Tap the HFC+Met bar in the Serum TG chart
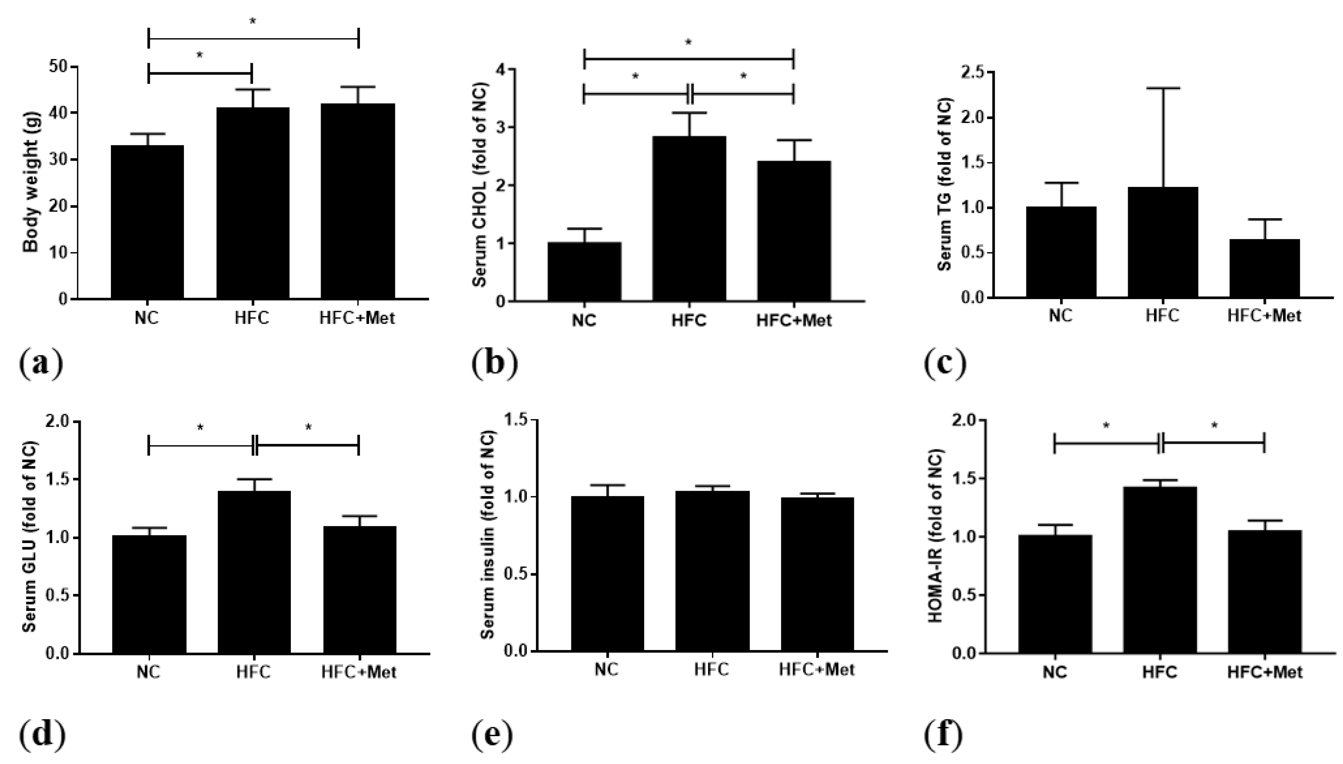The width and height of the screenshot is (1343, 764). click(1264, 269)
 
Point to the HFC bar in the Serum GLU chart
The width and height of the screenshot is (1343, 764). click(254, 572)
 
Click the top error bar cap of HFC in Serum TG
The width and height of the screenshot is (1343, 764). click(1163, 88)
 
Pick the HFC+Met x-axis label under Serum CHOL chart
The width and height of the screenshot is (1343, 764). click(794, 321)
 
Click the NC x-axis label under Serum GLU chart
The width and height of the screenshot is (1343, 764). click(149, 672)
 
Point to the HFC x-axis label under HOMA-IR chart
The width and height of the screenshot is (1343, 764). click(1159, 672)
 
